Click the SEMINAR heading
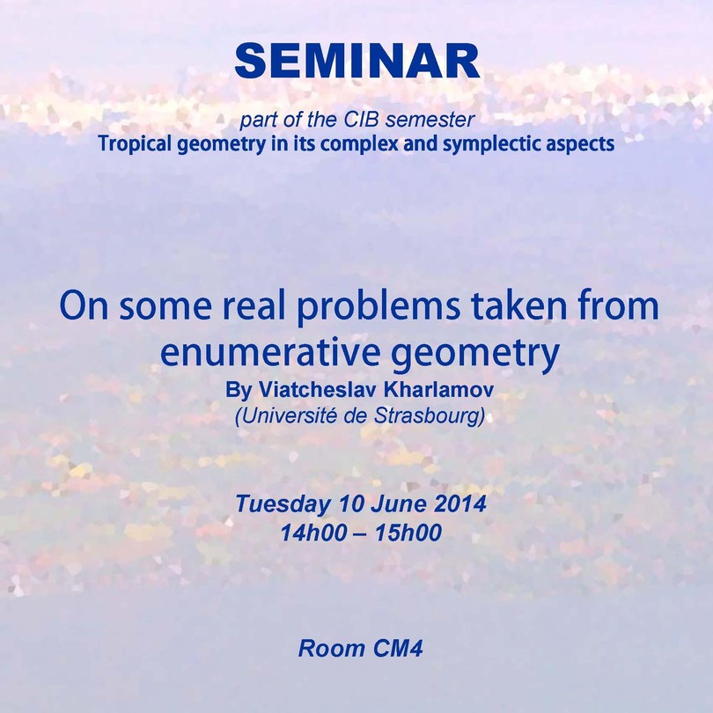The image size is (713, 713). (x=357, y=62)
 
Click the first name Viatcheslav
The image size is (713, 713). (x=318, y=390)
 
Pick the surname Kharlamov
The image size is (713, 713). (x=438, y=390)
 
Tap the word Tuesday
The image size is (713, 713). (x=282, y=504)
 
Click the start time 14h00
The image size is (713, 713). (x=313, y=533)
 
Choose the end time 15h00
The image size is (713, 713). (x=408, y=533)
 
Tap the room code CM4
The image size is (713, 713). (x=399, y=649)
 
